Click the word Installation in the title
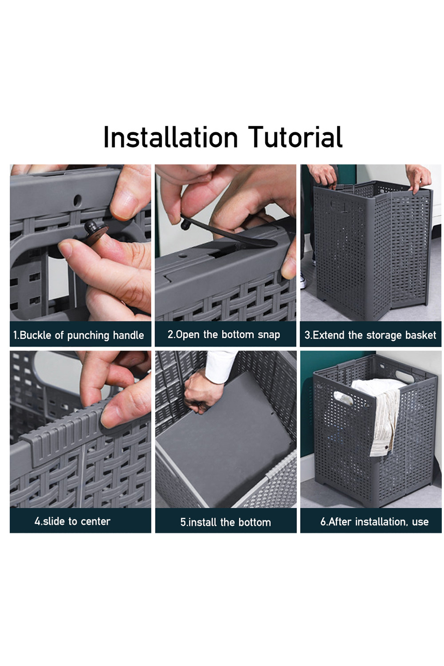(170, 137)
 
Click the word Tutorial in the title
(295, 137)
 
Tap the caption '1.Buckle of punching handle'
(79, 335)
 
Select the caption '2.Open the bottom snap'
(224, 334)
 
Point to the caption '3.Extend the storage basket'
(370, 335)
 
